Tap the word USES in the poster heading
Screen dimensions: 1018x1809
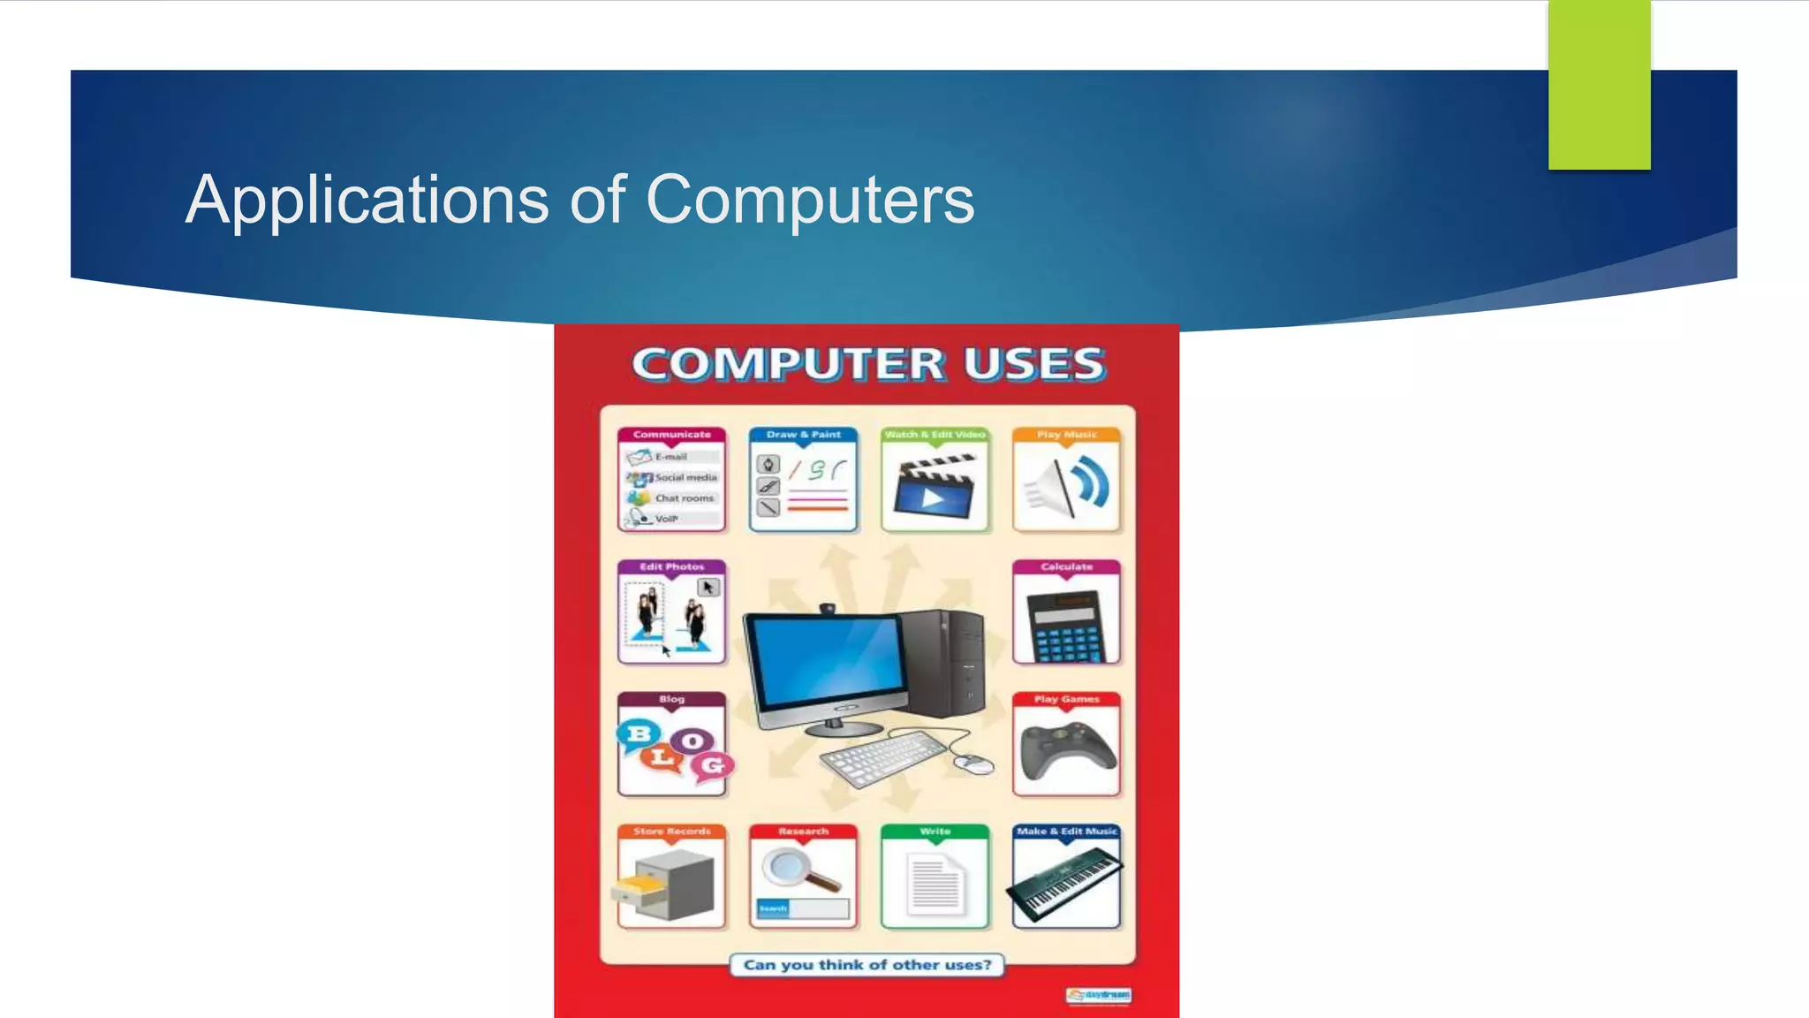(x=1033, y=364)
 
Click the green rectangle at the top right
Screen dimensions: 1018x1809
(x=1599, y=85)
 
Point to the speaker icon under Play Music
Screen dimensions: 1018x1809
(x=1066, y=487)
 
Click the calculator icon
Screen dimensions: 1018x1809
(x=1066, y=621)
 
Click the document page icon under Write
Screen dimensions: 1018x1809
(x=935, y=885)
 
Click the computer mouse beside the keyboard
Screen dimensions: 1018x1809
(x=973, y=763)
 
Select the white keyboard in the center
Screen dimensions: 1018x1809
(x=883, y=759)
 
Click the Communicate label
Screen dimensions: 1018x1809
(x=671, y=435)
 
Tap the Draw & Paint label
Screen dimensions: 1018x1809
(x=803, y=435)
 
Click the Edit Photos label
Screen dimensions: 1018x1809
(x=671, y=566)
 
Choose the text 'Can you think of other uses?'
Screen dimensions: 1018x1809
(x=867, y=965)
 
